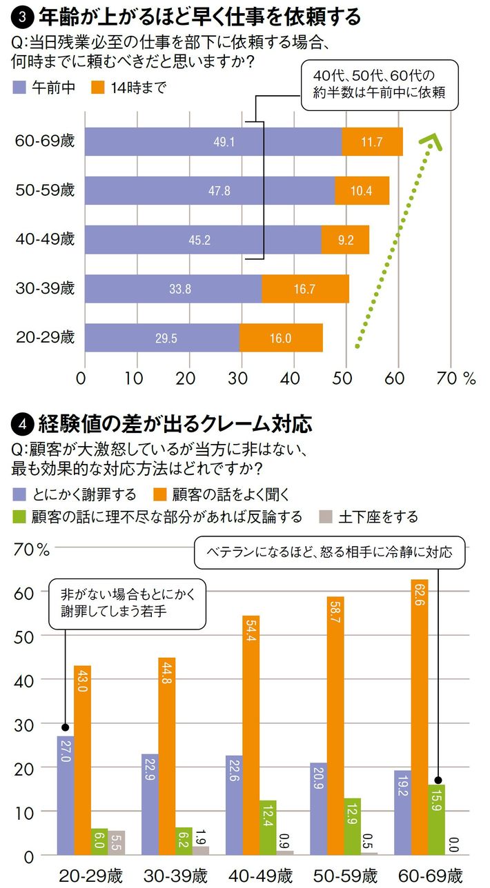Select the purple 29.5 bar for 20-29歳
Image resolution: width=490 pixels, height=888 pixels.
click(162, 337)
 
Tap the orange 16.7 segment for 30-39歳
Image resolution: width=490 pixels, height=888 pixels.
click(305, 289)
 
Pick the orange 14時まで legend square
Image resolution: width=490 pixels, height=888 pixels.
click(97, 88)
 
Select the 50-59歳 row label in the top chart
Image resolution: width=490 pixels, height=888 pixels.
click(45, 191)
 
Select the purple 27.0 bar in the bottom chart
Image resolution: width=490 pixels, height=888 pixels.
click(66, 795)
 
